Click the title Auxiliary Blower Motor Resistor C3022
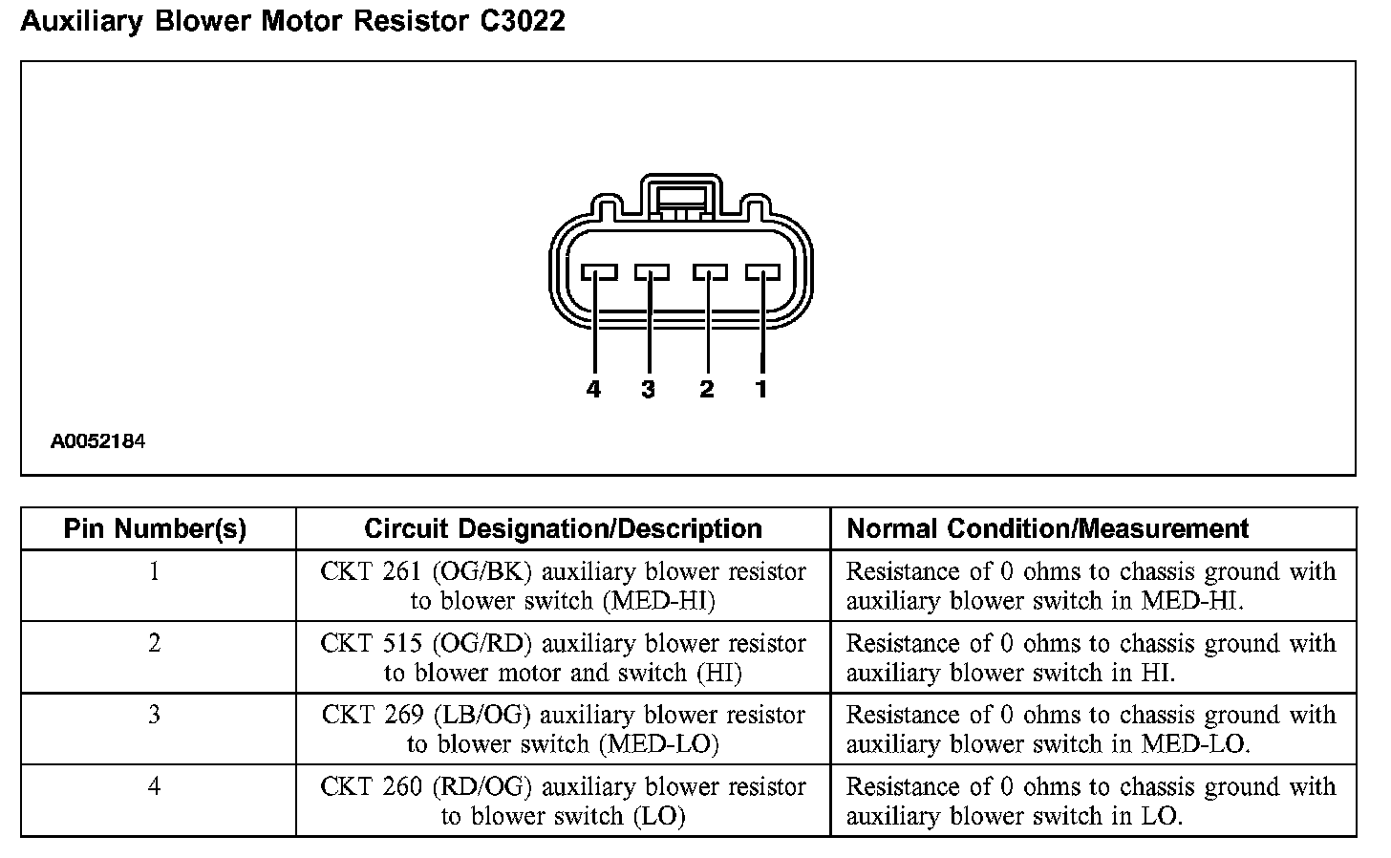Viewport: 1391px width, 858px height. click(292, 21)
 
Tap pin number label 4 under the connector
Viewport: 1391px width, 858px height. click(593, 389)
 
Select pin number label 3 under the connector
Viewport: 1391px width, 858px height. click(649, 389)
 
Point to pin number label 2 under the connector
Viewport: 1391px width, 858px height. click(706, 389)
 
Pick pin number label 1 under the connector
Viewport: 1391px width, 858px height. click(761, 389)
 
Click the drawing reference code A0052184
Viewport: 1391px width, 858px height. click(97, 442)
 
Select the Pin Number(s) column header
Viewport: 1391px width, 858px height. click(155, 528)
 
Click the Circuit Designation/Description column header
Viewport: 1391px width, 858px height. click(563, 528)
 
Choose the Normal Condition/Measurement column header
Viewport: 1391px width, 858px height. click(1048, 528)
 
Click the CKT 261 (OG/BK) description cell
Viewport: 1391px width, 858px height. click(563, 586)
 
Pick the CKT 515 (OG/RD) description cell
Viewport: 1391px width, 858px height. click(563, 657)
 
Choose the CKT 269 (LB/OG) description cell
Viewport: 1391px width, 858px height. click(563, 729)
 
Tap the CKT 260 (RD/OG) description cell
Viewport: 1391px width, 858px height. click(563, 801)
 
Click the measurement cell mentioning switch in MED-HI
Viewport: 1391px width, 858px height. click(1091, 586)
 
